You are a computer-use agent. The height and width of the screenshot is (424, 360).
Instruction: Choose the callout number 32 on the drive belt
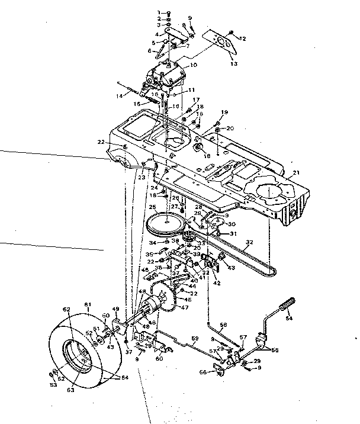click(x=249, y=242)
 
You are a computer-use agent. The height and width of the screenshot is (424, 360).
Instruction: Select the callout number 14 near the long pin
click(x=120, y=95)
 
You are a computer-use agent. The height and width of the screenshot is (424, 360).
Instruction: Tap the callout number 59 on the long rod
click(x=193, y=339)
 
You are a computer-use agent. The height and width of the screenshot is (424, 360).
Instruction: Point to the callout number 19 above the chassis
click(x=224, y=112)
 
